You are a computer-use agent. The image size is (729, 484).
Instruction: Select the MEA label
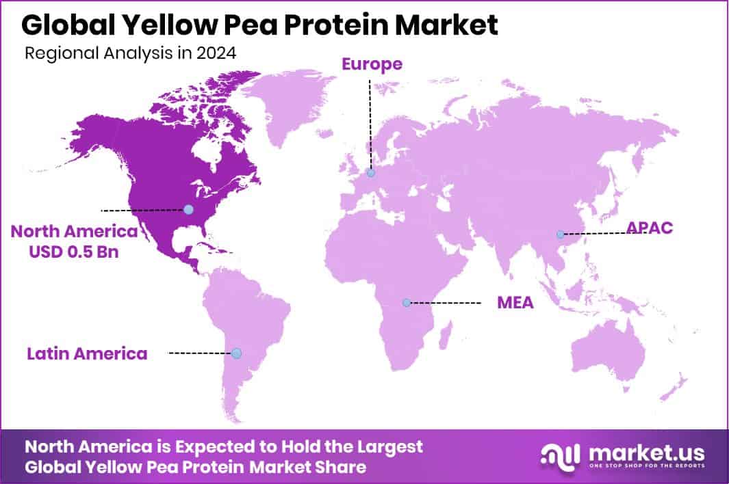click(515, 302)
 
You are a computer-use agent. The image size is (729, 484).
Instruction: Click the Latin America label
click(87, 353)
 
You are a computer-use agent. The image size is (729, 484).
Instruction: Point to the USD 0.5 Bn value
click(74, 252)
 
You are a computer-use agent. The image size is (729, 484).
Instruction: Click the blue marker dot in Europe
click(370, 174)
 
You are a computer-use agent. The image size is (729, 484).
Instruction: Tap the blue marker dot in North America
click(188, 209)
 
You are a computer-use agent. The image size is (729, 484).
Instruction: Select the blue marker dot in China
click(560, 234)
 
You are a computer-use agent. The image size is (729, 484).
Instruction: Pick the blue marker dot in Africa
click(407, 302)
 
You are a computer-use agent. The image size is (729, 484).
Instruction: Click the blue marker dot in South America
click(236, 353)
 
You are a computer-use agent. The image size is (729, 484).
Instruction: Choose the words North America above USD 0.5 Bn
click(74, 232)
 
